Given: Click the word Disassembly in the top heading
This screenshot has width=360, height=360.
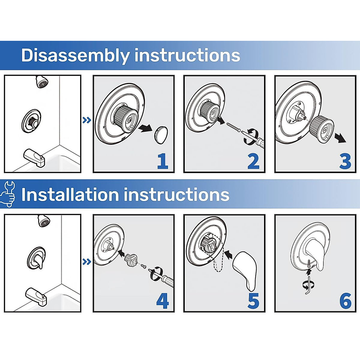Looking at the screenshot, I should click(x=75, y=56).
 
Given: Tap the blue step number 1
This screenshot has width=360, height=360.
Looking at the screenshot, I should click(x=163, y=161).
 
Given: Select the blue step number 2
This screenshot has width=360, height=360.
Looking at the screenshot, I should click(x=253, y=161).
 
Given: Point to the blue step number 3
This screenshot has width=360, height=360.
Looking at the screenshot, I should click(x=345, y=161).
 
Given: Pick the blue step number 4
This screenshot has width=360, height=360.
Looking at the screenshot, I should click(x=163, y=301).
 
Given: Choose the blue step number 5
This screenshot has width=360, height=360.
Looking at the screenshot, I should click(x=253, y=301).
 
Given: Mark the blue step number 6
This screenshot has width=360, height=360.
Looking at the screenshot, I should click(x=345, y=301).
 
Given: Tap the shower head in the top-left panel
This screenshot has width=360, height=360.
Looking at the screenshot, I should click(x=42, y=82).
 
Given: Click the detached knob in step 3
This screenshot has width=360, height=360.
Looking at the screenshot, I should click(x=322, y=129).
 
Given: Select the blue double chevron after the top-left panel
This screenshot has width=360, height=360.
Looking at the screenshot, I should click(x=87, y=120).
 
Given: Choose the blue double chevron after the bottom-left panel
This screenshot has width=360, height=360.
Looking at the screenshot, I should click(x=87, y=262).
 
